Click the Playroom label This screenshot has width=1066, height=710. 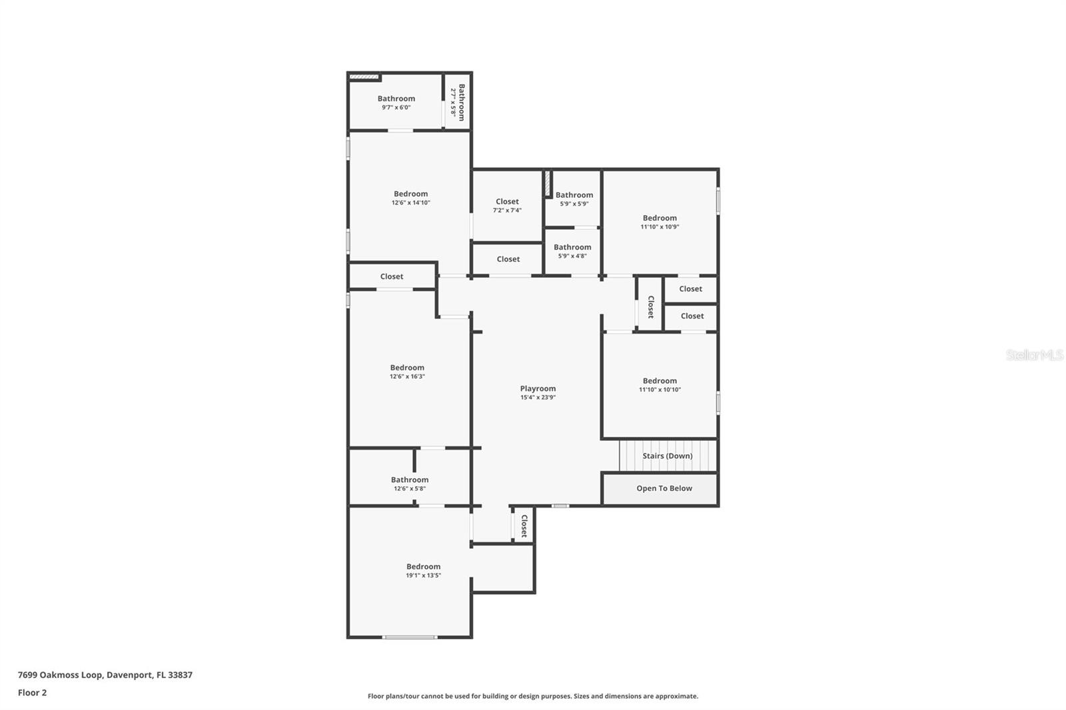tap(538, 388)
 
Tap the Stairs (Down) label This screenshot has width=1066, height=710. tap(667, 456)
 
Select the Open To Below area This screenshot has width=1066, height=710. tap(664, 488)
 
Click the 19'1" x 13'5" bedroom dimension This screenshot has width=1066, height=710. tap(423, 575)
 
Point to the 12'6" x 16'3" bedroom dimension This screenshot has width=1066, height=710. tap(407, 376)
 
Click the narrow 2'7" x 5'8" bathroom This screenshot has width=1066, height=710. tap(458, 102)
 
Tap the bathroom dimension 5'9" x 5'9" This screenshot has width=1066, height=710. tap(573, 204)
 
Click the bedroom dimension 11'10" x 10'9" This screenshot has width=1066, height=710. tap(660, 226)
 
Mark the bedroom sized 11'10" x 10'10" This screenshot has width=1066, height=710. tap(660, 390)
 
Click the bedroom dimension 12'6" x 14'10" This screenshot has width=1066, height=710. tap(410, 202)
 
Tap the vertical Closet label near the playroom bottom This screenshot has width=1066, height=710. tap(524, 526)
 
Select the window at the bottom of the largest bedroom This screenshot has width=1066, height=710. tap(410, 637)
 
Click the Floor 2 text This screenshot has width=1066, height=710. tap(32, 693)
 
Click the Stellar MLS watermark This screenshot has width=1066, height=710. tap(1034, 355)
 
